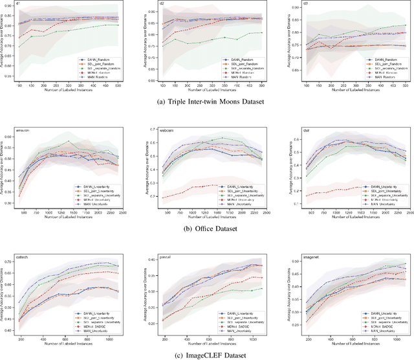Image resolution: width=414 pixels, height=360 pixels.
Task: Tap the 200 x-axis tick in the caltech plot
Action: [x=21, y=339]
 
